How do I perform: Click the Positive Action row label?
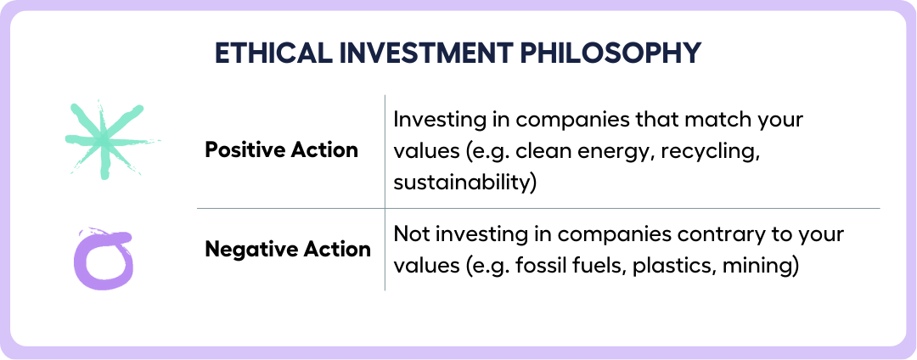click(281, 150)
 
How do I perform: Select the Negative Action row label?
click(288, 250)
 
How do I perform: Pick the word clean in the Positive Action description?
click(540, 151)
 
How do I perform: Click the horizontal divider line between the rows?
click(538, 208)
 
